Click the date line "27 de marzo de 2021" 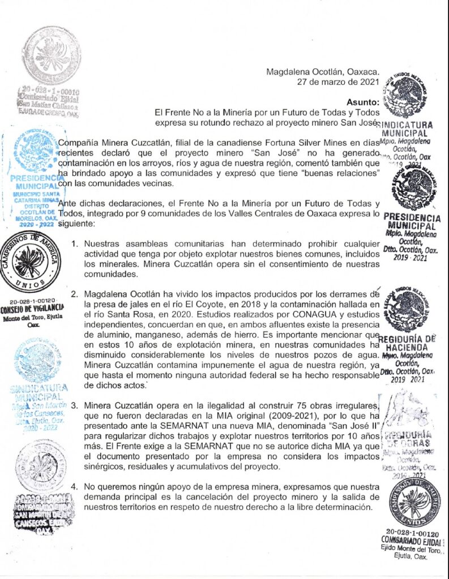pos(338,82)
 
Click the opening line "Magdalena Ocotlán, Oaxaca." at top pos(323,72)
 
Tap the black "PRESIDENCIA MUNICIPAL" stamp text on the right pos(412,222)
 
